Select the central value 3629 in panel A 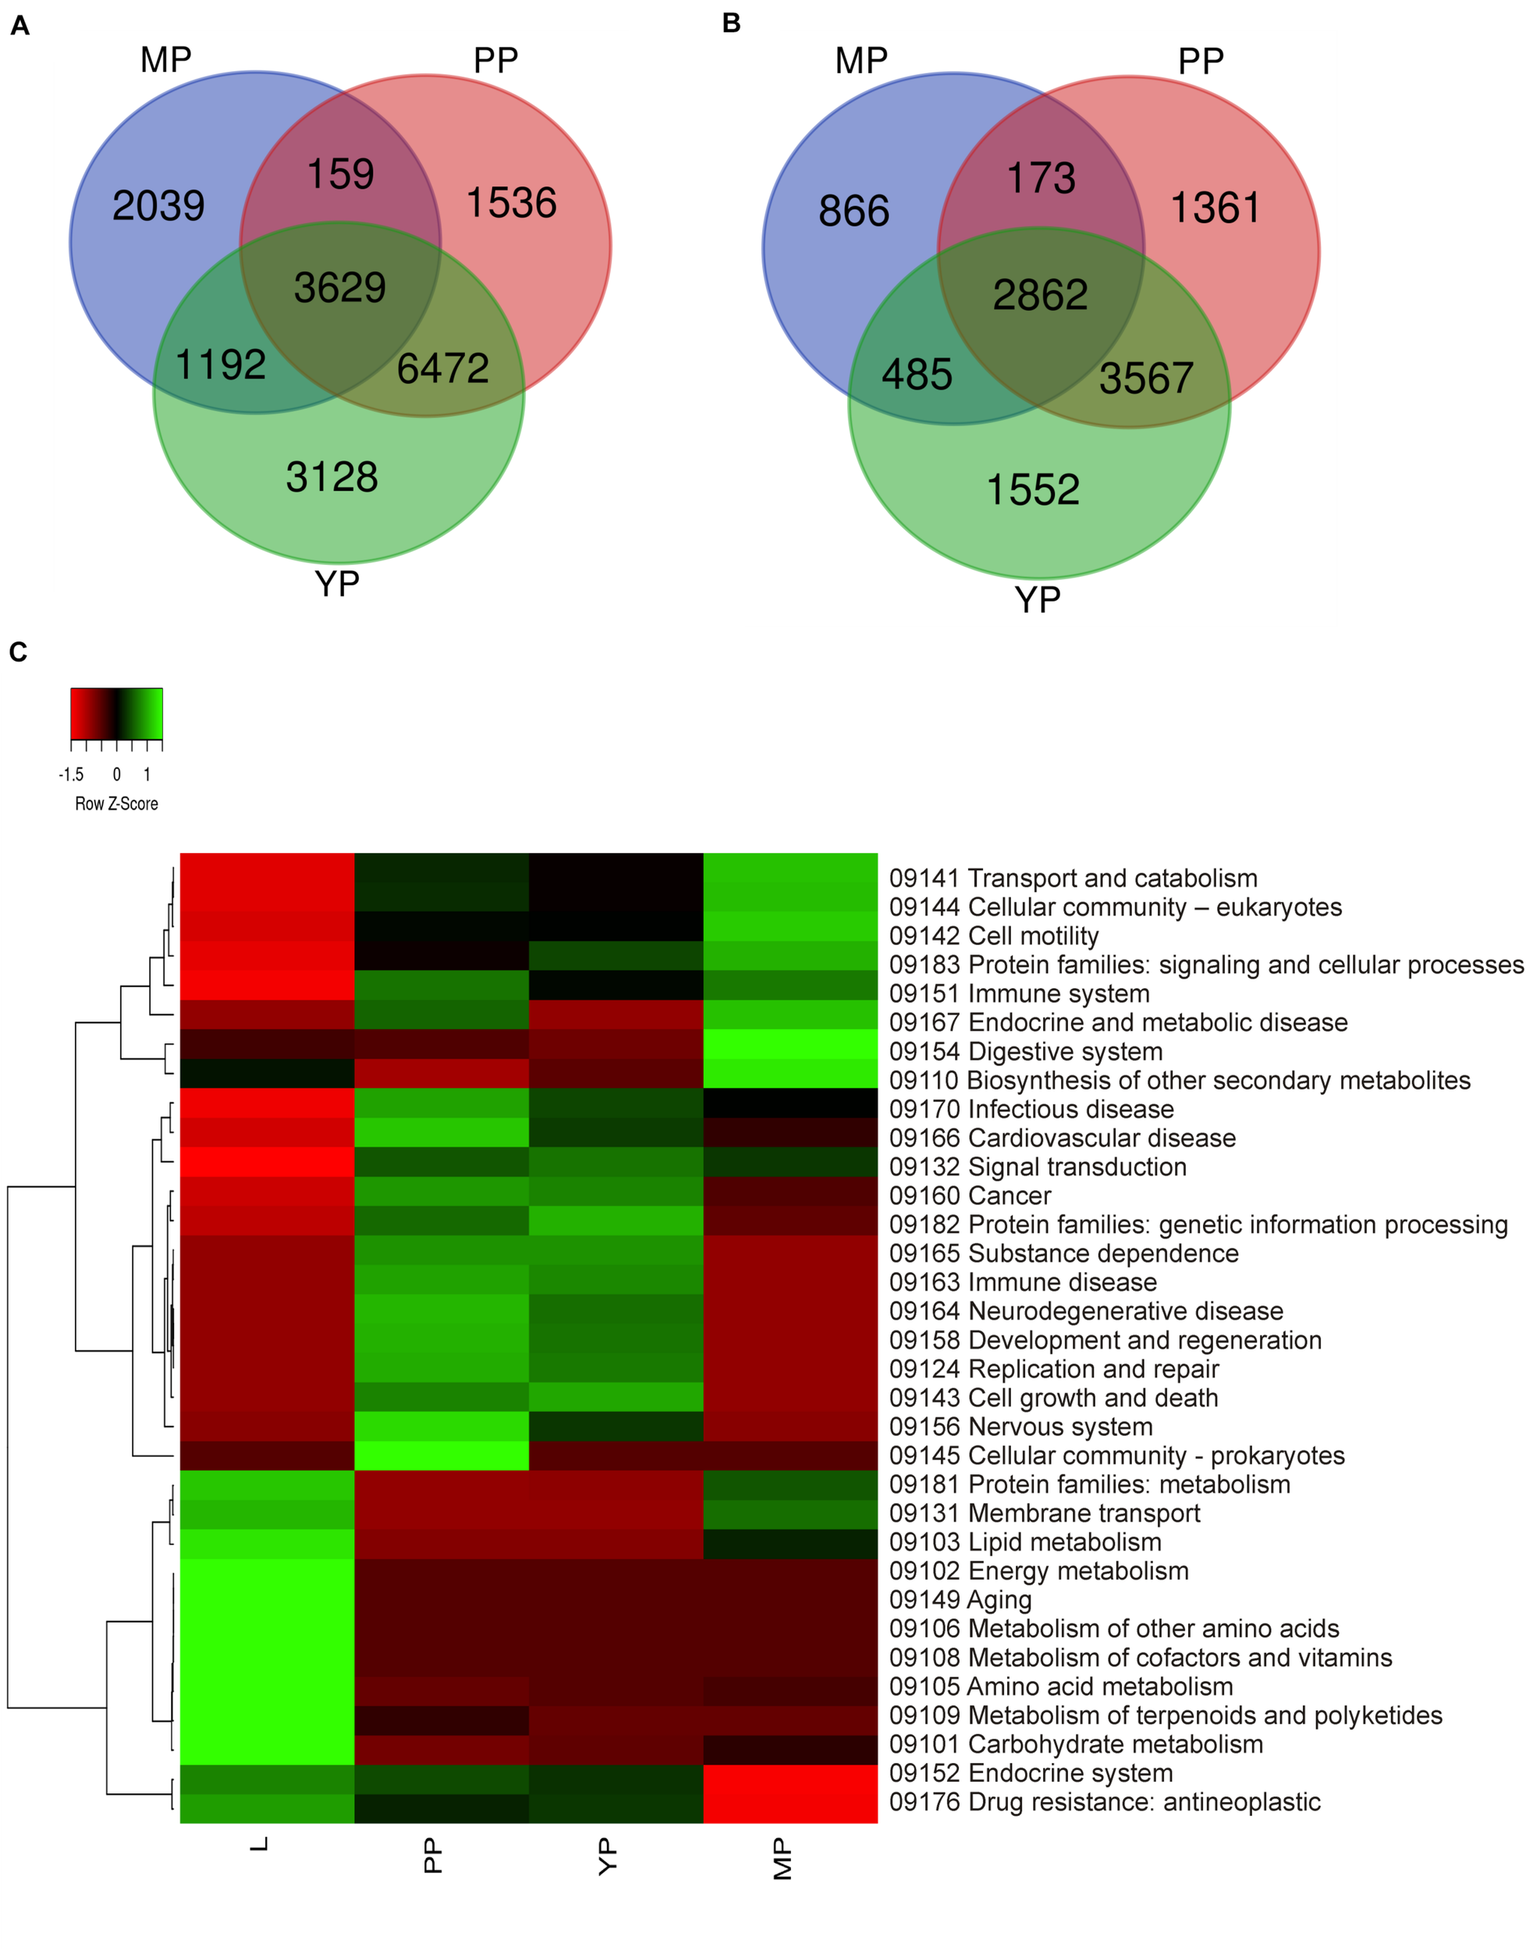tap(339, 288)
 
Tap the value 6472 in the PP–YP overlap tap(442, 368)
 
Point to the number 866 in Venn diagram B tap(853, 211)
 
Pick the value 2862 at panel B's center tap(1040, 295)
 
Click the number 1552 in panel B tap(1032, 490)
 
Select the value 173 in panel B tap(1041, 178)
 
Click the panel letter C tap(18, 652)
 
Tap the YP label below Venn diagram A tap(337, 585)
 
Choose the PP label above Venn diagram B tap(1200, 62)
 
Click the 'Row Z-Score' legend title tap(116, 804)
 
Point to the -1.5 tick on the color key tap(72, 775)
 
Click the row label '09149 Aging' tap(960, 1600)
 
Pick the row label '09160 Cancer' tap(970, 1196)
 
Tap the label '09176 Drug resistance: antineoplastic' tap(1104, 1802)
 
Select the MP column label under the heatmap tap(782, 1858)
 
